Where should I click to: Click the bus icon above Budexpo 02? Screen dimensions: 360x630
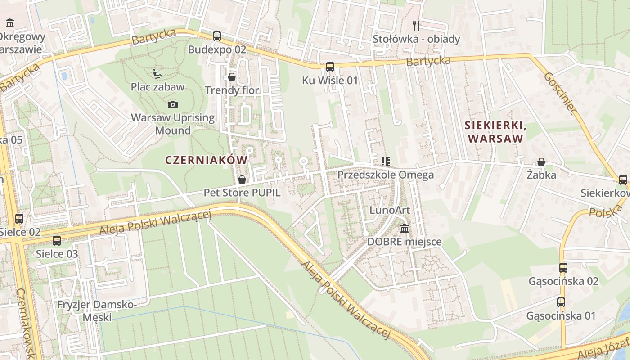(217, 36)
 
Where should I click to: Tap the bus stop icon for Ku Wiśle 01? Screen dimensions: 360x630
(330, 67)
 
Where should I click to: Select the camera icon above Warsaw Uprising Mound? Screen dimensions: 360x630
(172, 105)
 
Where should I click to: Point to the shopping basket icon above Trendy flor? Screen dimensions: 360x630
(232, 77)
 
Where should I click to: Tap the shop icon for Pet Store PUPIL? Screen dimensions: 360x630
(242, 180)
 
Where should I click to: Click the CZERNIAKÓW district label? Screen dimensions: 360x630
(206, 160)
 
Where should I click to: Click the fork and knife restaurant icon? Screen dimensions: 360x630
(416, 26)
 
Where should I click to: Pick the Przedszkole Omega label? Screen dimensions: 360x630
(385, 175)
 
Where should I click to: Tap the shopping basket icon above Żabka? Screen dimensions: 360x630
(541, 162)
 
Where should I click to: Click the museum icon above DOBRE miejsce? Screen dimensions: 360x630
(405, 229)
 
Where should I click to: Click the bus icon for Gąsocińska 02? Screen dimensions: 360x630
(563, 268)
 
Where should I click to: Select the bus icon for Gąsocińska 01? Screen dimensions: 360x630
(561, 302)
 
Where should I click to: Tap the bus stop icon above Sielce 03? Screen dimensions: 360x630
(57, 241)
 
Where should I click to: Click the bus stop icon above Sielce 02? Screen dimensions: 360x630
(19, 219)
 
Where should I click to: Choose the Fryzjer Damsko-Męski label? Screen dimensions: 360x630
(97, 311)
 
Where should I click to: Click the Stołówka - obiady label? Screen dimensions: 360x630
(416, 39)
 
